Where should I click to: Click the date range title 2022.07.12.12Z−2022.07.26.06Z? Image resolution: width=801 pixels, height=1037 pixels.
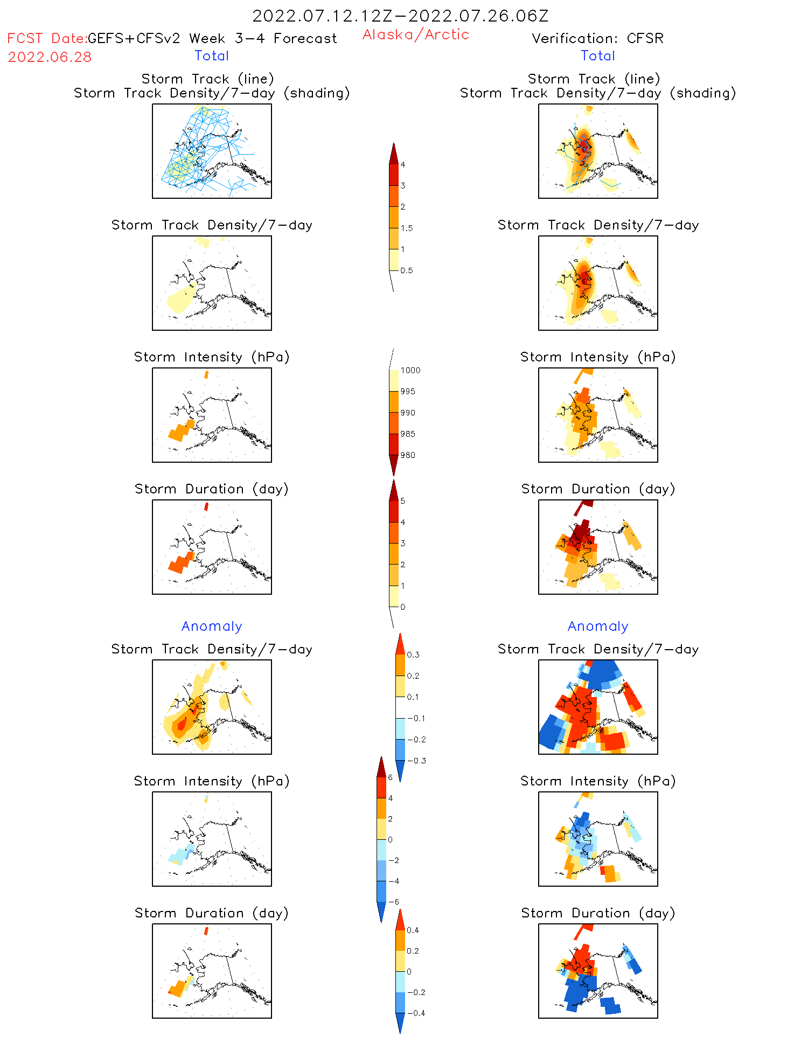coord(400,16)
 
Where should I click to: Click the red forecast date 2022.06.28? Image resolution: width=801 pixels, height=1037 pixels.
coord(50,57)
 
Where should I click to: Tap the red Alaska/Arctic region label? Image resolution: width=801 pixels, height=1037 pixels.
coord(415,34)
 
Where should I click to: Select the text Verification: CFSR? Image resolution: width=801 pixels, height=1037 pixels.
coord(597,38)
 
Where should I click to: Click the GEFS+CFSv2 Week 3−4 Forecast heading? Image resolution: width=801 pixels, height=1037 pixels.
coord(212,38)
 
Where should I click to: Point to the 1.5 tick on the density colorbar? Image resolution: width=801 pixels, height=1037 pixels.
coord(407,228)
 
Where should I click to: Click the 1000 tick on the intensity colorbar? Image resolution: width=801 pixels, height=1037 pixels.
coord(410,370)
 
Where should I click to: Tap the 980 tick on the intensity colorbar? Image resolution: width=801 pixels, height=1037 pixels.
coord(408,455)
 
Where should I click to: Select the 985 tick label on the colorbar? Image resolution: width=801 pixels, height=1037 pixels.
coord(408,434)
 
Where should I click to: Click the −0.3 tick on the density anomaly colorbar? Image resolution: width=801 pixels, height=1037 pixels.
coord(416,761)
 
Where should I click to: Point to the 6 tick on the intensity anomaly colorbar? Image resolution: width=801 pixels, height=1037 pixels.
coord(391,777)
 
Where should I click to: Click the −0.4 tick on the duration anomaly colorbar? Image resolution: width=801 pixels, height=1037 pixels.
coord(416,1013)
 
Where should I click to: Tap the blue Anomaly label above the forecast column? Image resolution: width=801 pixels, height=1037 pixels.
coord(212,626)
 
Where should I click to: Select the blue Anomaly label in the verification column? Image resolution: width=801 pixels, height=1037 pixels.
coord(598,626)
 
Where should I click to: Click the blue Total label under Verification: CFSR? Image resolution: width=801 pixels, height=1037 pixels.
coord(598,55)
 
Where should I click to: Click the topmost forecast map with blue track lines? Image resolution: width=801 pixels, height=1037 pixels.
coord(212,151)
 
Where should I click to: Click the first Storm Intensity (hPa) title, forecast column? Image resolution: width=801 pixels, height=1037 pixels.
coord(212,357)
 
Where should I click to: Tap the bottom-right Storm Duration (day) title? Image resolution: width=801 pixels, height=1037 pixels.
coord(598,913)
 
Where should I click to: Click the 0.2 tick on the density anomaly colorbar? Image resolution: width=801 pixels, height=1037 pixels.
coord(413,676)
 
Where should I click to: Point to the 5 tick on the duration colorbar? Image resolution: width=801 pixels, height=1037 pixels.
coord(403,501)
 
